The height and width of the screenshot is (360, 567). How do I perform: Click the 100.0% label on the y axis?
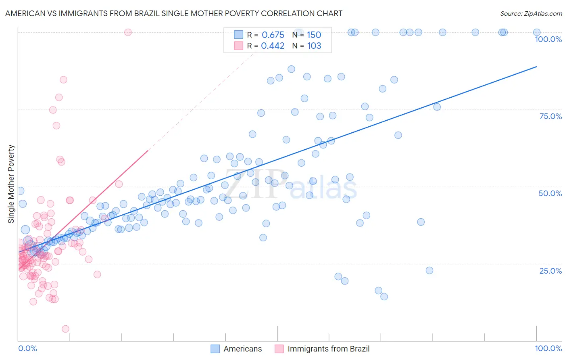point(548,39)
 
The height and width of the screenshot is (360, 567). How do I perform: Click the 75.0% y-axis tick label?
point(550,116)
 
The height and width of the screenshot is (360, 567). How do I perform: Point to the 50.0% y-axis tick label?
point(550,193)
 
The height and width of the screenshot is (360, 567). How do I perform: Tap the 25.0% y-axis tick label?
point(550,271)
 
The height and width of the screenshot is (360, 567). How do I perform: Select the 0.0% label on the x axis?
point(27,348)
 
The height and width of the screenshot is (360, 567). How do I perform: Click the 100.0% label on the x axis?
point(548,348)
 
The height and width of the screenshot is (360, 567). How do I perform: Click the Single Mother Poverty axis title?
point(11,184)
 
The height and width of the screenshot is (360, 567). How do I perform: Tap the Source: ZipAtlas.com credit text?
point(531,13)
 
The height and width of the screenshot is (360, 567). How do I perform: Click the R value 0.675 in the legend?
point(273,35)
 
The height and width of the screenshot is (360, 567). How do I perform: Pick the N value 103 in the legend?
point(314,46)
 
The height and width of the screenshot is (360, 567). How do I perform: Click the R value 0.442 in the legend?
point(273,46)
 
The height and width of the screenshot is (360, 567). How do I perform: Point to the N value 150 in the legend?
point(314,35)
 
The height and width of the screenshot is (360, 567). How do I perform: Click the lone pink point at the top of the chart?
point(128,32)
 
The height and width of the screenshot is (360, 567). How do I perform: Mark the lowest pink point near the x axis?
point(65,329)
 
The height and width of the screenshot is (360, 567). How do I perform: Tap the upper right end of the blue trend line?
point(536,66)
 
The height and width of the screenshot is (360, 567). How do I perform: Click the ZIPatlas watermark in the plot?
point(290,185)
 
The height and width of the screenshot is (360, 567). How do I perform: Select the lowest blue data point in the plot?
point(384,297)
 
